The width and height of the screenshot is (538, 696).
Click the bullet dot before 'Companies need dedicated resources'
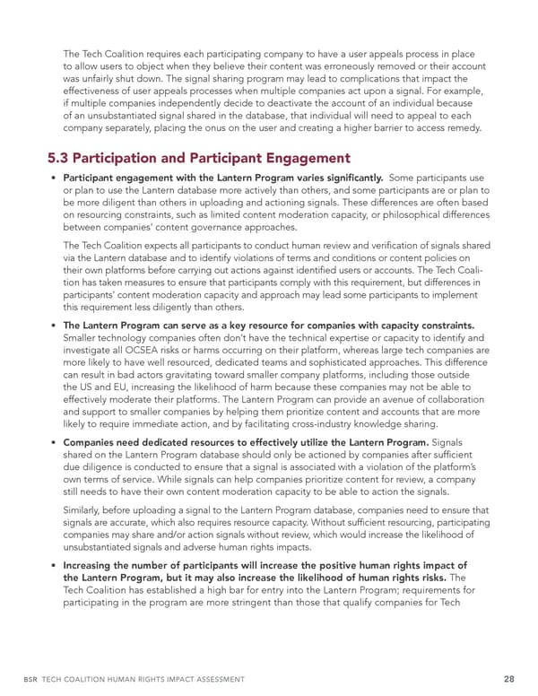(55, 444)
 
